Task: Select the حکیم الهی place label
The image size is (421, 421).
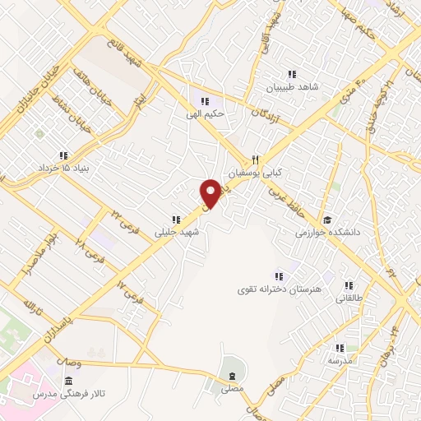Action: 219,115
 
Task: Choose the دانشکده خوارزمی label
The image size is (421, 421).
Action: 329,234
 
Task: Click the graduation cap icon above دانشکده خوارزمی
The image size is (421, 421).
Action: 326,220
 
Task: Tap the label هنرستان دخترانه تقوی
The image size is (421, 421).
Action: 278,289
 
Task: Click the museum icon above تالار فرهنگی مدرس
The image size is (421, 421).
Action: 67,382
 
